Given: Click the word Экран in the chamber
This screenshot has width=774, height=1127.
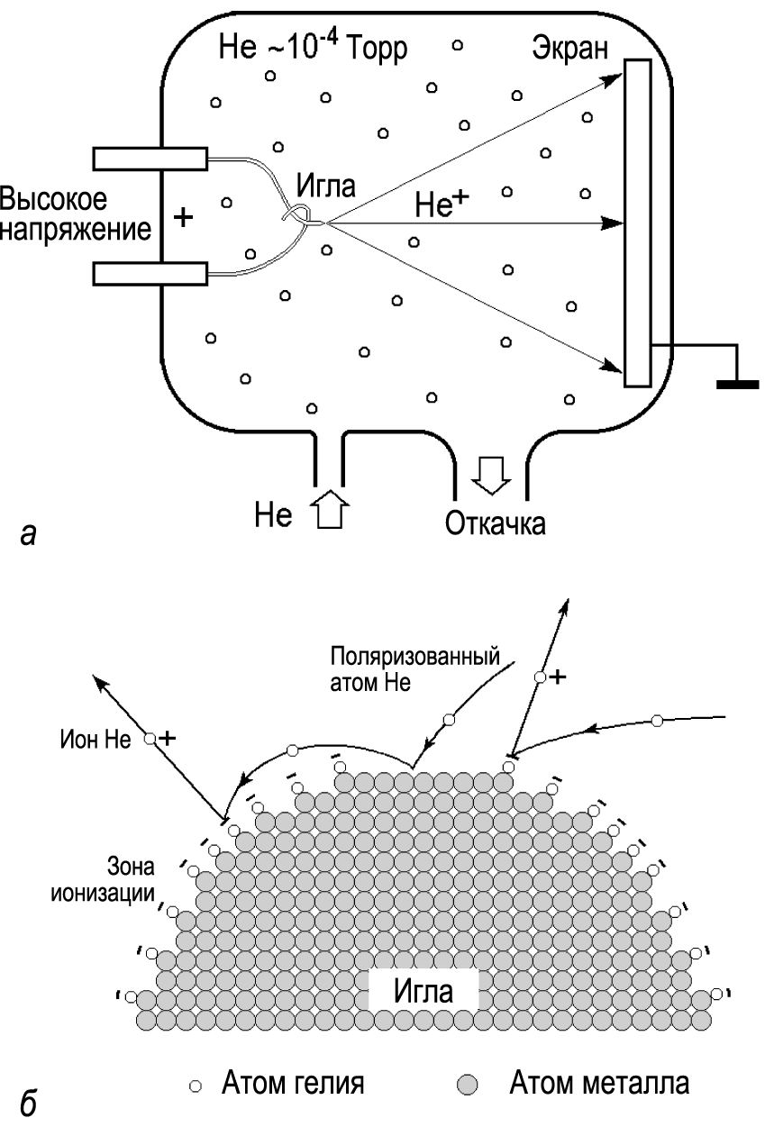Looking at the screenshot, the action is click(x=569, y=50).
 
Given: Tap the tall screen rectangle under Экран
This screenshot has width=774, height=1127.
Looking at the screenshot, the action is click(x=638, y=223).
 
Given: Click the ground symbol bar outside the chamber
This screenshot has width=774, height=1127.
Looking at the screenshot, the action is click(x=737, y=385).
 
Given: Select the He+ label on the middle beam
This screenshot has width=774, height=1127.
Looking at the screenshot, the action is click(x=441, y=204).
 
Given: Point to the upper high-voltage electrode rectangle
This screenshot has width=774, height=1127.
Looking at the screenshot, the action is click(x=150, y=159).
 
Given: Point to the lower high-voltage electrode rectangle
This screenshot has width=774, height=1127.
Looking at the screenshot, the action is click(x=150, y=274).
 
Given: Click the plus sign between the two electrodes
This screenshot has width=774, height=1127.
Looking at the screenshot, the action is click(x=183, y=218).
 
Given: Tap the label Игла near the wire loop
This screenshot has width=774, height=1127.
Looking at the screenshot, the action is click(x=325, y=186).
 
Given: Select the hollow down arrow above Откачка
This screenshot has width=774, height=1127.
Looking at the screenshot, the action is click(x=491, y=476).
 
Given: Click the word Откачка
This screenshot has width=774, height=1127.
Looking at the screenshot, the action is click(x=496, y=523).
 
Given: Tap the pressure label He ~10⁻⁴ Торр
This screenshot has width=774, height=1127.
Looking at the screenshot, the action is click(x=313, y=47).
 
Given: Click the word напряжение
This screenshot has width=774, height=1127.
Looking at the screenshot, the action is click(x=76, y=231).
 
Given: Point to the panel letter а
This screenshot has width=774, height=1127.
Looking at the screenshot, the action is click(x=29, y=535).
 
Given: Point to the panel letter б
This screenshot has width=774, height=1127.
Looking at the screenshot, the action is click(x=29, y=1103).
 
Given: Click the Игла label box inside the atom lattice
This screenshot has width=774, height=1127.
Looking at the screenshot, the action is click(x=423, y=990).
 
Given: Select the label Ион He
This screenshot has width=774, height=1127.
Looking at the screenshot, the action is click(x=96, y=740).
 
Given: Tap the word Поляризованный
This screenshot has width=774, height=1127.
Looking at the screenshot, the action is click(x=415, y=657).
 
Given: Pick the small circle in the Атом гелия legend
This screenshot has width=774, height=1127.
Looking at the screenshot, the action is click(x=196, y=1086).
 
